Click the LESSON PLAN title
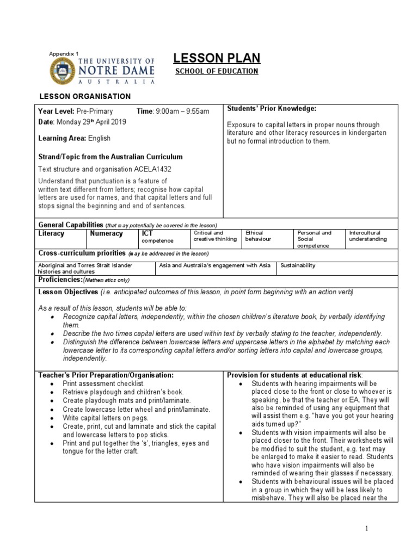216,58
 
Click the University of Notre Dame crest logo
63,71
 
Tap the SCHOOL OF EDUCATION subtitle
216,71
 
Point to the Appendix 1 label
64,53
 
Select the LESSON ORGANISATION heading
84,96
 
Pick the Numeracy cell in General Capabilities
106,233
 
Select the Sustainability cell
298,265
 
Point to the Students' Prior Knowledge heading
271,109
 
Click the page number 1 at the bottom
367,528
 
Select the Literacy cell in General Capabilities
51,233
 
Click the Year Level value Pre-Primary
94,112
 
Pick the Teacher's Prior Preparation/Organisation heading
106,375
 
